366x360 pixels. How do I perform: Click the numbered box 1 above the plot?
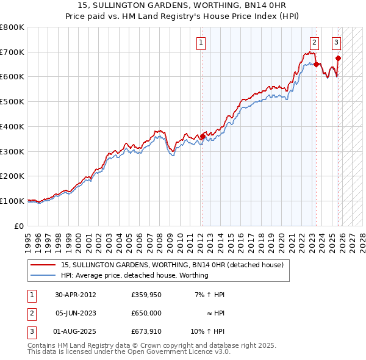(x=201, y=43)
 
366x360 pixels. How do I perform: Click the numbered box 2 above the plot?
(x=314, y=43)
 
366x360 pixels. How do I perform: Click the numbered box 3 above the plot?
(x=336, y=43)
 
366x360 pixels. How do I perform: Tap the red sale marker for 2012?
(x=203, y=136)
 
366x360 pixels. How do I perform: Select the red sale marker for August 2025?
(x=339, y=59)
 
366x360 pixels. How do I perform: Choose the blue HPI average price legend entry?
(x=134, y=275)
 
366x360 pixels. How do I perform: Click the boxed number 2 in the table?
(x=30, y=312)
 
